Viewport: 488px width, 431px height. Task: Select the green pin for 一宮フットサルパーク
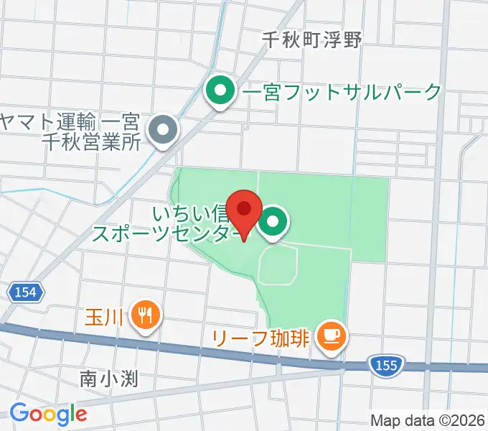click(220, 92)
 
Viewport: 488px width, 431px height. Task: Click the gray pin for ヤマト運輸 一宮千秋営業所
click(162, 131)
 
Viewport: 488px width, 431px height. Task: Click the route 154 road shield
click(28, 292)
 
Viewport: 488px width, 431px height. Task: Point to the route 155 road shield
click(385, 366)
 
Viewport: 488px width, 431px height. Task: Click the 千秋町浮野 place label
click(311, 41)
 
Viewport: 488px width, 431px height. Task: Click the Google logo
click(48, 414)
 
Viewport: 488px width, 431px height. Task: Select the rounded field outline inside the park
click(278, 263)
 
